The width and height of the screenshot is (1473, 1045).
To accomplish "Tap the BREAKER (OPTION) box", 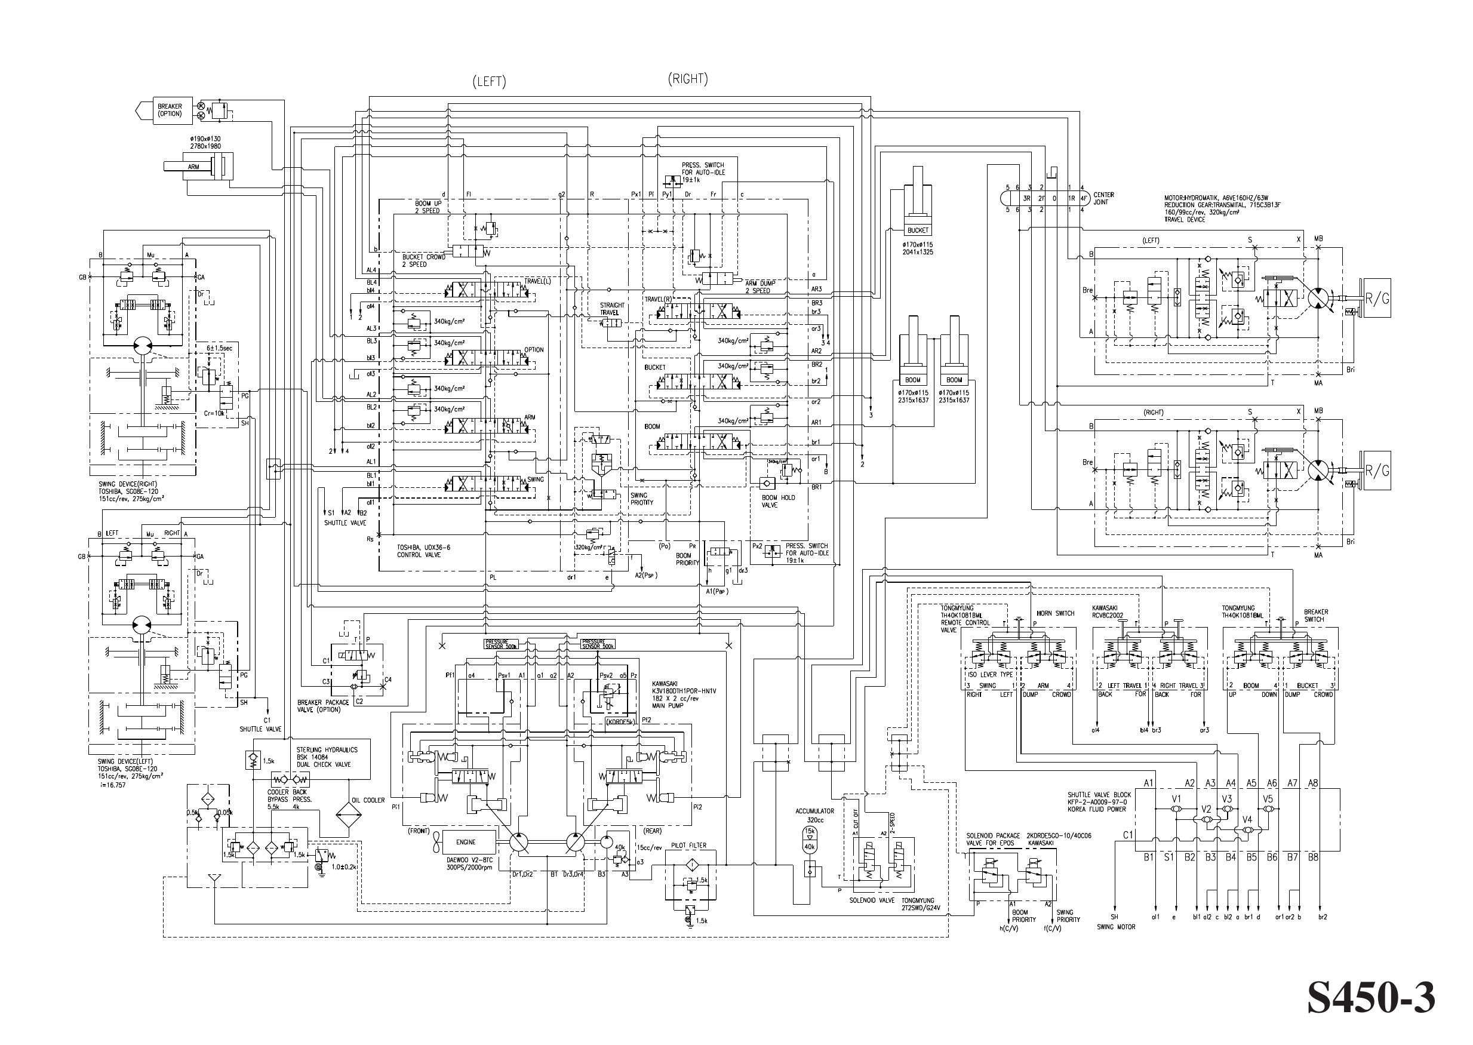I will [x=169, y=110].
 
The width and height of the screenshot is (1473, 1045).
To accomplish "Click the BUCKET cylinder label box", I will [x=918, y=230].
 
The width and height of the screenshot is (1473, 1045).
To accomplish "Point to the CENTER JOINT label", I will [x=1104, y=198].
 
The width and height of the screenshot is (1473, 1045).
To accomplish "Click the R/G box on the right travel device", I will [x=1376, y=471].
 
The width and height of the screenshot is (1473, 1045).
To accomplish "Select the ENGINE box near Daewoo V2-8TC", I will [x=466, y=841].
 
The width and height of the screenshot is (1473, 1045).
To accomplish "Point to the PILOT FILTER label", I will [x=688, y=846].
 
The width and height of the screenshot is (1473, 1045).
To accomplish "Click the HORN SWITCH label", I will [x=1056, y=613].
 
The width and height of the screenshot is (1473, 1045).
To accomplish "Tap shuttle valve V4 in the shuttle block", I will [x=1247, y=831].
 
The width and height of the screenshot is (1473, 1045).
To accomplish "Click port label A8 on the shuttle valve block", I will [x=1313, y=783].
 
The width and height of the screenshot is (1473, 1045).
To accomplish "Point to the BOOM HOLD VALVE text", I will [x=779, y=501].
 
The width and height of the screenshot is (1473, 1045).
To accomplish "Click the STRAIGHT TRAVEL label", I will [x=612, y=309].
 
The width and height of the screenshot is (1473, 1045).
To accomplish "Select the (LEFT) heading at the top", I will [x=489, y=82].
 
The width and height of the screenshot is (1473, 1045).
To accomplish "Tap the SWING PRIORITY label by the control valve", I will [x=642, y=499].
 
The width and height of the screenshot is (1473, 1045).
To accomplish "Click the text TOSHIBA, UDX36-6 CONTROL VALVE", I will [x=423, y=551].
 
